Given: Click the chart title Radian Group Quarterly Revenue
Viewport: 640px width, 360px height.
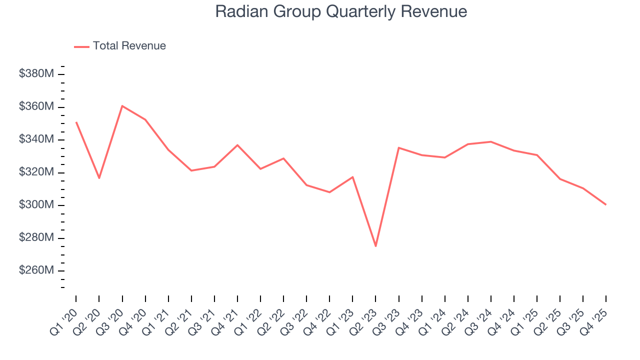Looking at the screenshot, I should click(x=341, y=11).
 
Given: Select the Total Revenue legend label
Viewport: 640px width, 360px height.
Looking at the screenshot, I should click(x=129, y=46).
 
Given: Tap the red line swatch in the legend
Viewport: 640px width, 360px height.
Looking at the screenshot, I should click(x=81, y=46).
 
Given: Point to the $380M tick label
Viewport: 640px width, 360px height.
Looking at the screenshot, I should click(x=36, y=74).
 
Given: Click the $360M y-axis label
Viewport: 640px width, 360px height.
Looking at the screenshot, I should click(x=36, y=107).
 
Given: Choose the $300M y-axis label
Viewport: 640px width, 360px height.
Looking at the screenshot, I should click(x=36, y=205).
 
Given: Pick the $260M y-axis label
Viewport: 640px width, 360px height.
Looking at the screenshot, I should click(x=36, y=270).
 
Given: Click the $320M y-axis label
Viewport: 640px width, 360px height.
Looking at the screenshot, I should click(x=36, y=172).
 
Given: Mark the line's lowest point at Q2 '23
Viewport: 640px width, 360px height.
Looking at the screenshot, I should click(x=375, y=246).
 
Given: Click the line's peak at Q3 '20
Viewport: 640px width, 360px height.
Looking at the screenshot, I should click(x=122, y=106).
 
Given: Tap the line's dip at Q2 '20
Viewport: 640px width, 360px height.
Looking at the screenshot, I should click(x=99, y=178).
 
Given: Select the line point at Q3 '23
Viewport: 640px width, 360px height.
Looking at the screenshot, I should click(x=398, y=147).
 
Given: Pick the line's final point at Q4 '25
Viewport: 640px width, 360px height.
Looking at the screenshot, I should click(x=606, y=204).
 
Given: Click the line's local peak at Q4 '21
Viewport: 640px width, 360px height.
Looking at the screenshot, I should click(x=237, y=145).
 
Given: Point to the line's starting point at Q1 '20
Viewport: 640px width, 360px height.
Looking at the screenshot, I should click(x=76, y=122).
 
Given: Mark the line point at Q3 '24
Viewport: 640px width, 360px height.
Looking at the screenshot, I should click(x=491, y=141).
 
